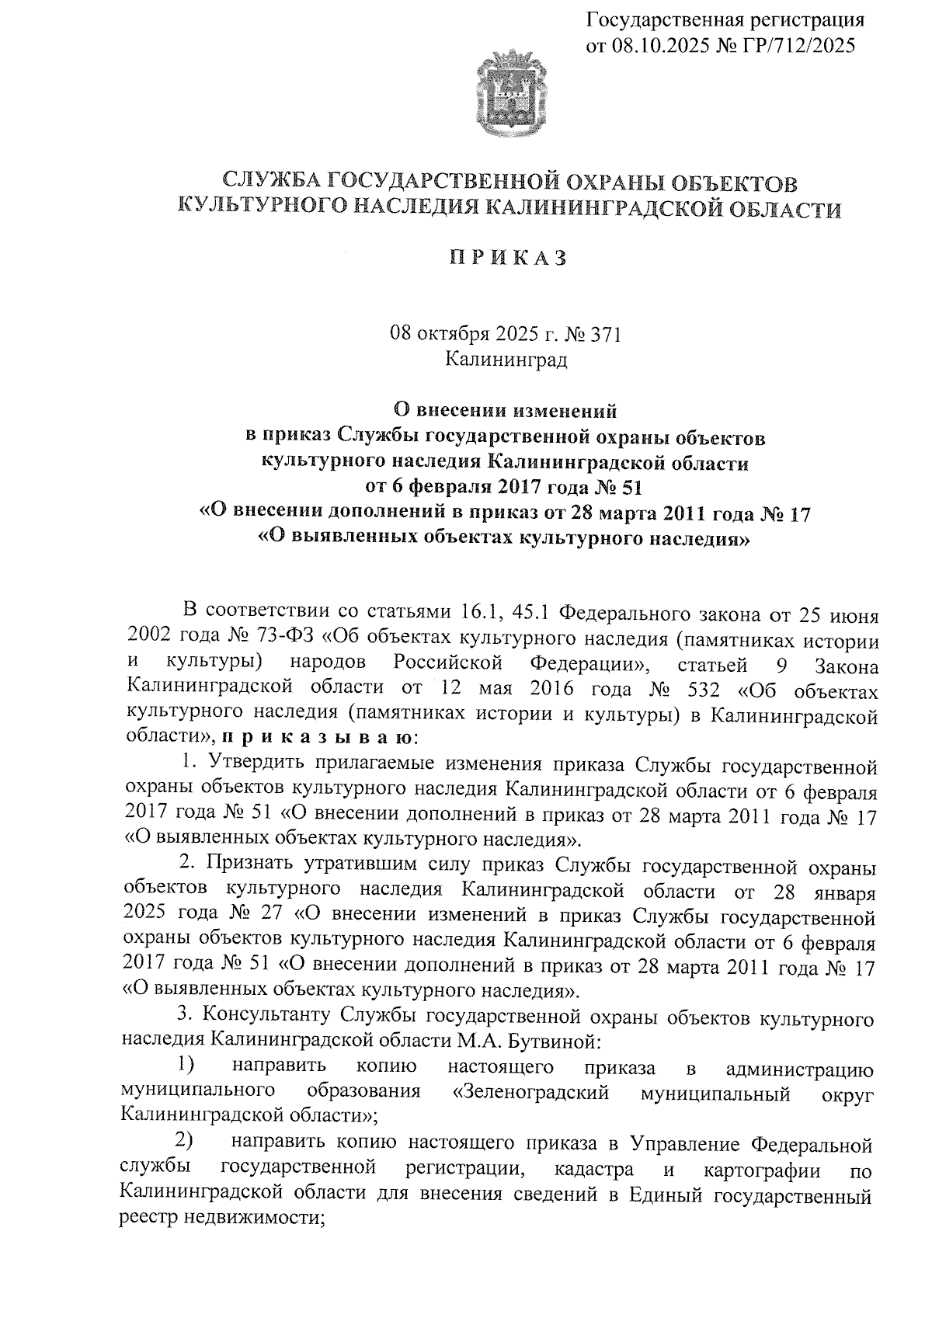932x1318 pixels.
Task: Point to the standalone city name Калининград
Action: (506, 360)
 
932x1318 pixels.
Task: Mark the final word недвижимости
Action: (252, 1219)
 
